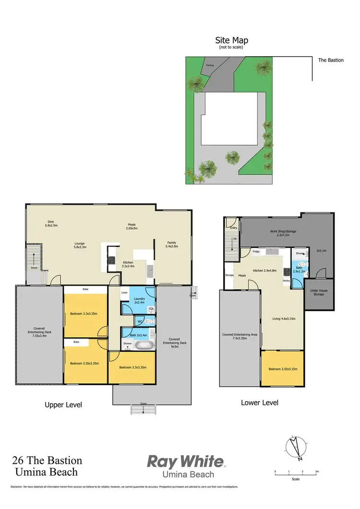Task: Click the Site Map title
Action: (x=232, y=41)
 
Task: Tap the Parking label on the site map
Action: (x=210, y=65)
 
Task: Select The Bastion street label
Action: (x=331, y=60)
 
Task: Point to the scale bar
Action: (x=296, y=474)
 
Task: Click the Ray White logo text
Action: (x=185, y=462)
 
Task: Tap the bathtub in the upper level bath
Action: (x=144, y=344)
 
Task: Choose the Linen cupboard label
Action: (x=124, y=292)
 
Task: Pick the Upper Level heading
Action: (x=63, y=405)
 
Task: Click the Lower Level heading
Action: (x=259, y=402)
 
